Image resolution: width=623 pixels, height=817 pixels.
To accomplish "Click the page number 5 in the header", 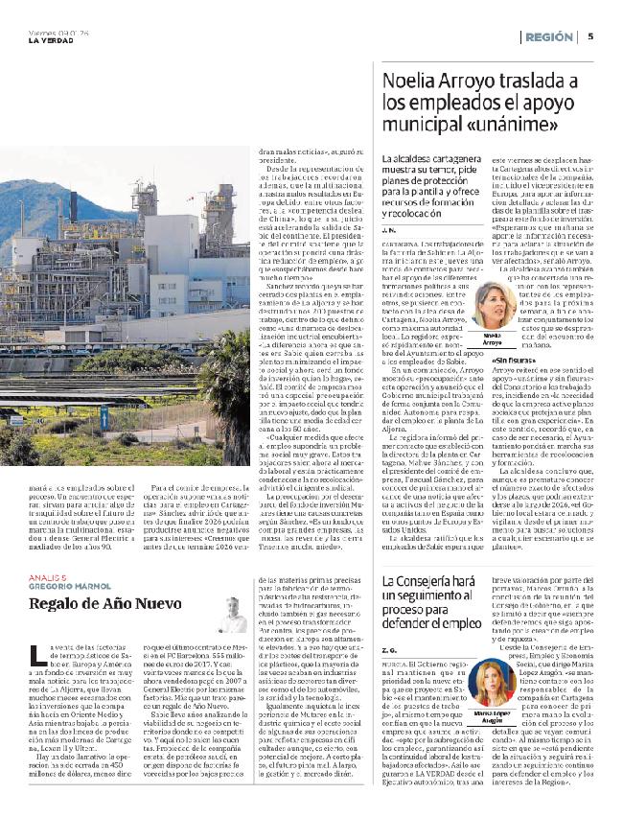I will tap(591, 36).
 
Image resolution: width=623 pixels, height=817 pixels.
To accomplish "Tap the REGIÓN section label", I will tap(549, 36).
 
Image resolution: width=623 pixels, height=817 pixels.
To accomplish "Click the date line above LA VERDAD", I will tap(48, 31).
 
